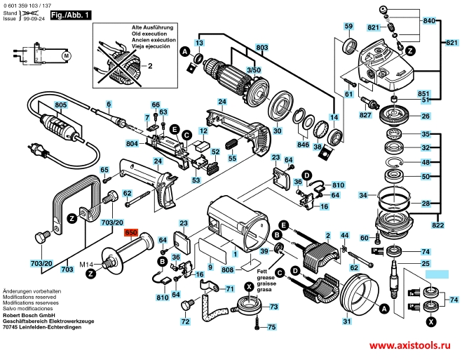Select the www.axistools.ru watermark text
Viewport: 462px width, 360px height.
[407, 347]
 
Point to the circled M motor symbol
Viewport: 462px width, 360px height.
[67, 54]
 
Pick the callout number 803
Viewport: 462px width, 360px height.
[262, 48]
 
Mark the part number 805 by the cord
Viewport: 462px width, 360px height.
[60, 105]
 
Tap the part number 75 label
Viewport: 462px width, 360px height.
[272, 327]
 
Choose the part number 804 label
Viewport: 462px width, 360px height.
[132, 144]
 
